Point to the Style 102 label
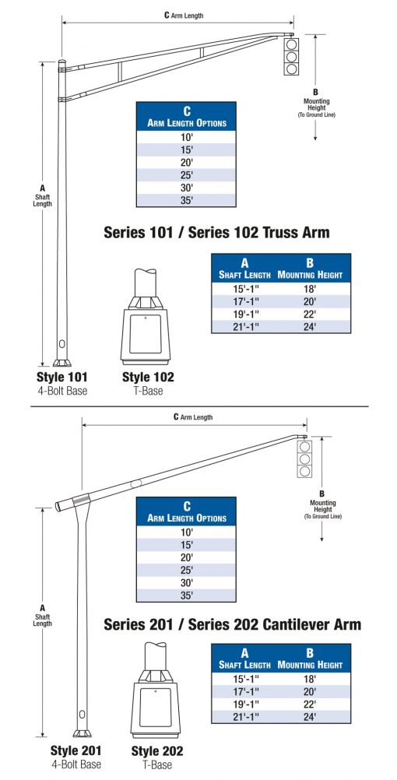point(148,378)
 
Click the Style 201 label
point(76,751)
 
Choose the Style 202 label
point(157,751)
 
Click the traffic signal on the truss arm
point(291,57)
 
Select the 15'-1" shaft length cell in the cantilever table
point(244,677)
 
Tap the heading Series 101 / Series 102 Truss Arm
point(216,232)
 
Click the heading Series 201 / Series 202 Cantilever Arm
point(232,624)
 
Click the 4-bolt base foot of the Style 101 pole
point(61,361)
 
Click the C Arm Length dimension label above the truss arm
point(184,15)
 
